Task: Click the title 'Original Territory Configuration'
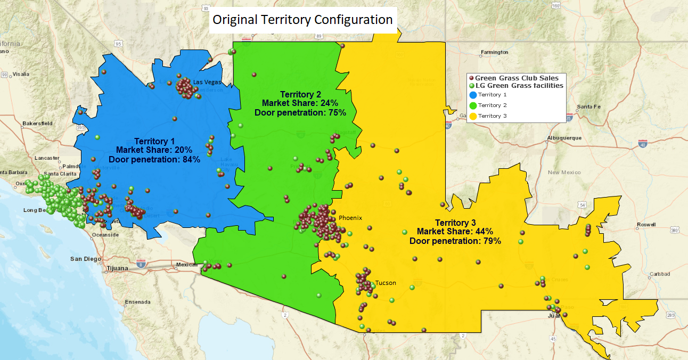tap(302, 20)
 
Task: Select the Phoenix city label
tap(350, 218)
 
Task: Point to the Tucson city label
tap(386, 283)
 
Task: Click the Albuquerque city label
tap(565, 138)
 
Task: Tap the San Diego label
tap(86, 259)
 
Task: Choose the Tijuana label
tap(118, 268)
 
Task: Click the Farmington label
tap(494, 52)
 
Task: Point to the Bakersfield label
tap(37, 124)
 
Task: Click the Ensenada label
tap(137, 302)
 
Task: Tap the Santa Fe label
tap(588, 107)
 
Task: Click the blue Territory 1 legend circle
tap(472, 95)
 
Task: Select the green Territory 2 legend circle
tap(472, 105)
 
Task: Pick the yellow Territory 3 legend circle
tap(472, 116)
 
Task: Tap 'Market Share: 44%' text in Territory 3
tap(455, 232)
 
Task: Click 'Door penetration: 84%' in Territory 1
tap(154, 159)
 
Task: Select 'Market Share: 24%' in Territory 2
tap(300, 103)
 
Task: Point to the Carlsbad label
tap(660, 274)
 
